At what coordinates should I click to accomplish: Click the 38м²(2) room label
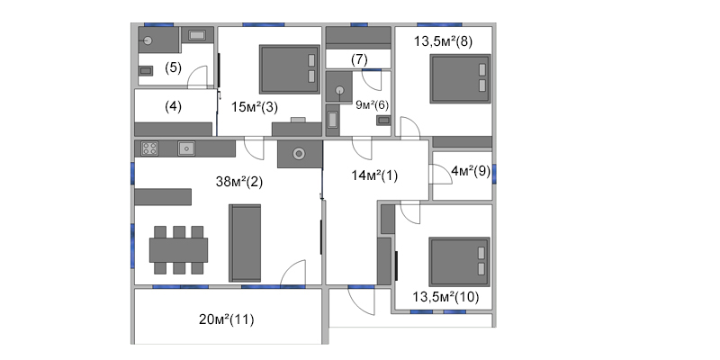[239, 182]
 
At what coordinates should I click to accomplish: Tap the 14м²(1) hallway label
[374, 175]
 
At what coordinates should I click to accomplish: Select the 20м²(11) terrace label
[227, 319]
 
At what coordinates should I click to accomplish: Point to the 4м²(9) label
[471, 171]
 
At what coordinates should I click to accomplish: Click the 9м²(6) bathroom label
[373, 105]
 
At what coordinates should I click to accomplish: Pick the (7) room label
[359, 59]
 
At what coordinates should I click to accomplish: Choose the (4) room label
[173, 106]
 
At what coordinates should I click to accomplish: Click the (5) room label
[173, 68]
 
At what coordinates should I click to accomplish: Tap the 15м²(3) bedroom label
[255, 107]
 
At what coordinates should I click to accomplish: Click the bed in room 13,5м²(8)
[460, 78]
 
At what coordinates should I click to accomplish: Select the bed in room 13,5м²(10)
[459, 262]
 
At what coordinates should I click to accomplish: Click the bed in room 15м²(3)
[290, 69]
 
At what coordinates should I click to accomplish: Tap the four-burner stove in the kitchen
[149, 148]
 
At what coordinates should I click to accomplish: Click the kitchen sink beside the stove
[186, 148]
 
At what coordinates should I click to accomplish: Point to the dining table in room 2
[178, 250]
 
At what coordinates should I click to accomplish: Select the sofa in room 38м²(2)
[245, 243]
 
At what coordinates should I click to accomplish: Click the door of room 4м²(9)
[440, 174]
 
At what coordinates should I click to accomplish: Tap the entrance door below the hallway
[361, 301]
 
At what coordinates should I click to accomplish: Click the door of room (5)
[197, 76]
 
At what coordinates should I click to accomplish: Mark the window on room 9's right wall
[494, 174]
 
